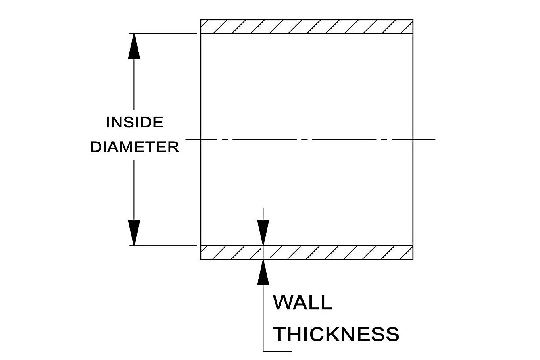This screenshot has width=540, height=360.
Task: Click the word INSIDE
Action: click(134, 122)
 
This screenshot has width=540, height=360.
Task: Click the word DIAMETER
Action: click(135, 147)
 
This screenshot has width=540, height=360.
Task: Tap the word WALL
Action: click(302, 303)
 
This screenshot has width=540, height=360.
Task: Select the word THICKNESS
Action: click(336, 334)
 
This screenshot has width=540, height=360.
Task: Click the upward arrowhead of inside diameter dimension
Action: click(134, 46)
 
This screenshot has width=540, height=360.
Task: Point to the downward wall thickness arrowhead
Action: click(263, 233)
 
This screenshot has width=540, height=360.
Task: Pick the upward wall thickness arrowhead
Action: click(263, 273)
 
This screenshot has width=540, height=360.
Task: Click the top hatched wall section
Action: click(306, 27)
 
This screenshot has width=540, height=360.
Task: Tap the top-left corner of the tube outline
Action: click(201, 20)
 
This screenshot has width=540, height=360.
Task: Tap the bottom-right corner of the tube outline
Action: click(413, 259)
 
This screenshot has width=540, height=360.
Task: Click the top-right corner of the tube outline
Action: click(413, 20)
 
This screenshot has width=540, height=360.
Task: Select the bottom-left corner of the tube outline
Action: click(201, 259)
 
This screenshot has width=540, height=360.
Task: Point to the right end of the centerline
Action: click(435, 139)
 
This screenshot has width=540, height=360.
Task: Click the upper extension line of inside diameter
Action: click(165, 33)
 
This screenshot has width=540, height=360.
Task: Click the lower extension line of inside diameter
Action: click(165, 245)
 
